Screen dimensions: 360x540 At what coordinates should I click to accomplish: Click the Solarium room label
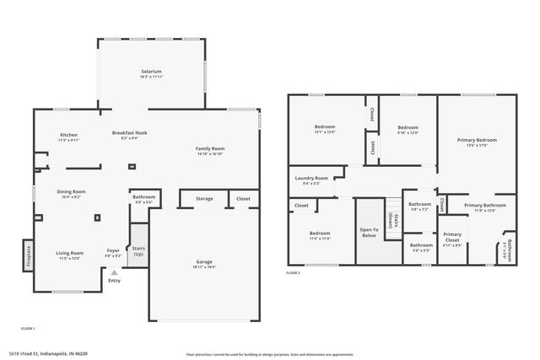coord(152,72)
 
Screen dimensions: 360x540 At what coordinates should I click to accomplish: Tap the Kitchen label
coord(69,135)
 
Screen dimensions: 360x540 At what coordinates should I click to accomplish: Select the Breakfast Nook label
coord(130,133)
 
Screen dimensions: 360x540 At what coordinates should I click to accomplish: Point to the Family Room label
coord(209,149)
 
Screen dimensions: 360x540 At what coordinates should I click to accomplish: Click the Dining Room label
coord(71,191)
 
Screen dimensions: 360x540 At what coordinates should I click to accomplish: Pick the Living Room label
coord(69,253)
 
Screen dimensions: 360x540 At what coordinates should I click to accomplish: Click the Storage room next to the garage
coord(204,199)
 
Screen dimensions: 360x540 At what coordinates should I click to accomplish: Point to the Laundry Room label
coord(310,179)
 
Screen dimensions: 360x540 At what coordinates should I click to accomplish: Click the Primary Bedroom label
coord(478,140)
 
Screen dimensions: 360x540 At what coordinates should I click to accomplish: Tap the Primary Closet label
coord(452,236)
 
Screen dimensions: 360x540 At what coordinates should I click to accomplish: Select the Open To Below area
coord(368,231)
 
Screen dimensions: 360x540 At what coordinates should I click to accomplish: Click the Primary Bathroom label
coord(484,206)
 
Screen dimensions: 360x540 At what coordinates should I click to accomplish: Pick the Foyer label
coord(113,250)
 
